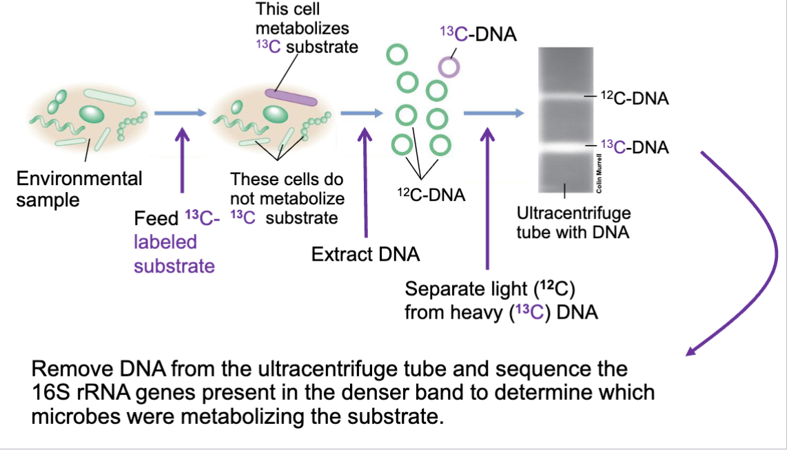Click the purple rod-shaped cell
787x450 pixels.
coord(292,98)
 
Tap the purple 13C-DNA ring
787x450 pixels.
coord(449,66)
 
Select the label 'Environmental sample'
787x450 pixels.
coord(79,189)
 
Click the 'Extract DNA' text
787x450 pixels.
coord(365,254)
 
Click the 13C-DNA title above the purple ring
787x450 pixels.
coord(478,33)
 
